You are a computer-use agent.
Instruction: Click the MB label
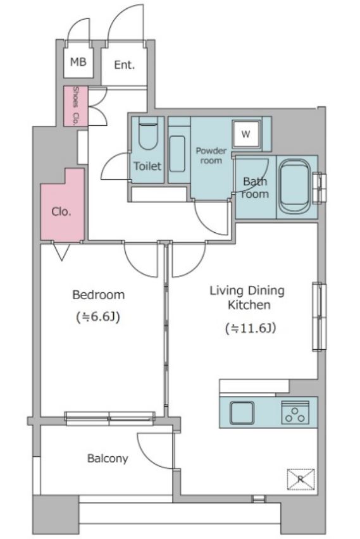pyautogui.click(x=78, y=62)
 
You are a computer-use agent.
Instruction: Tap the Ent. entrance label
pyautogui.click(x=124, y=65)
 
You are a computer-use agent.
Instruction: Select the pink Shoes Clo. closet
pyautogui.click(x=76, y=106)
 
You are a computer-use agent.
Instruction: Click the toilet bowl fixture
pyautogui.click(x=148, y=133)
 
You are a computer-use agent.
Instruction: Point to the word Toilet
pyautogui.click(x=147, y=166)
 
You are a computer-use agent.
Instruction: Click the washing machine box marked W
pyautogui.click(x=246, y=134)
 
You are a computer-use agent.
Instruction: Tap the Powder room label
pyautogui.click(x=211, y=156)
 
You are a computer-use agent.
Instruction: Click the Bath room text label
pyautogui.click(x=255, y=188)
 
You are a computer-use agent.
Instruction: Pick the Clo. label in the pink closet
pyautogui.click(x=61, y=211)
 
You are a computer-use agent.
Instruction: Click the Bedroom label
pyautogui.click(x=98, y=295)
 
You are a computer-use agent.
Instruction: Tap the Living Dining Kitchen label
pyautogui.click(x=247, y=298)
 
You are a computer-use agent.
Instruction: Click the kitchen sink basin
pyautogui.click(x=242, y=412)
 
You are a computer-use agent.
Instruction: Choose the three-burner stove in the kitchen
pyautogui.click(x=295, y=412)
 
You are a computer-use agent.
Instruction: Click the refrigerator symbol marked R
pyautogui.click(x=301, y=479)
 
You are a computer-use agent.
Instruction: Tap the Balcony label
pyautogui.click(x=108, y=459)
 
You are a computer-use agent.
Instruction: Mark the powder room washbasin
pyautogui.click(x=177, y=154)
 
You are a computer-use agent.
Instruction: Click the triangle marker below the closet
pyautogui.click(x=61, y=252)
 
